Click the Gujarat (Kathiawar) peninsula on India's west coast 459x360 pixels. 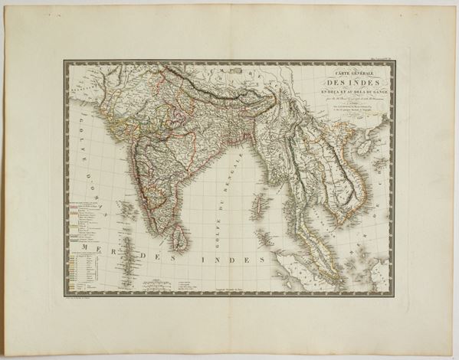tap(120, 145)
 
